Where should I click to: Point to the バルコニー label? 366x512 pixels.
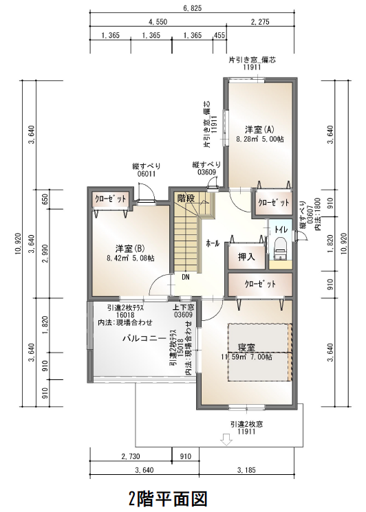click(x=143, y=339)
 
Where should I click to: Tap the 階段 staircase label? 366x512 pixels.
click(x=186, y=198)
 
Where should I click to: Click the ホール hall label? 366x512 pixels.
click(x=213, y=243)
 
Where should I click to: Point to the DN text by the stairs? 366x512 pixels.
click(x=186, y=278)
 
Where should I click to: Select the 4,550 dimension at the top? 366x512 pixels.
click(x=158, y=21)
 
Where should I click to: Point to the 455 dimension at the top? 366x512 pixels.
click(x=219, y=35)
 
